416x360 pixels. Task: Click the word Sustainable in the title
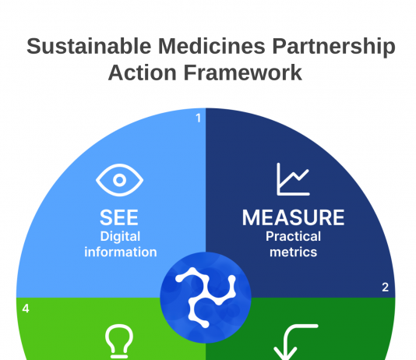pyautogui.click(x=89, y=46)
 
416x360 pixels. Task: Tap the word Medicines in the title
pyautogui.click(x=212, y=46)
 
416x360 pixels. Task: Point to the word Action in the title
pyautogui.click(x=143, y=72)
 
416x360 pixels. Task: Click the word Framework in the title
pyautogui.click(x=243, y=72)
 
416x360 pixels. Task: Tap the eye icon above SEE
pyautogui.click(x=120, y=180)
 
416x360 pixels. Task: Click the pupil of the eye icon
pyautogui.click(x=120, y=180)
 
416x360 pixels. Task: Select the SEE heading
pyautogui.click(x=119, y=217)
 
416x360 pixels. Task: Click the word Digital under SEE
pyautogui.click(x=120, y=237)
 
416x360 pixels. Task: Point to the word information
pyautogui.click(x=121, y=252)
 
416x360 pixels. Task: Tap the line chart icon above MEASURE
pyautogui.click(x=293, y=179)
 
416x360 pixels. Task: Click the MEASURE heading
pyautogui.click(x=293, y=217)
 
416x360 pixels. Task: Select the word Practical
pyautogui.click(x=293, y=236)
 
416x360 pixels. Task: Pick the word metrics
pyautogui.click(x=293, y=252)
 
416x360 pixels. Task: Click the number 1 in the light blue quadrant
pyautogui.click(x=199, y=118)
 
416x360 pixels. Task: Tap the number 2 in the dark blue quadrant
pyautogui.click(x=385, y=288)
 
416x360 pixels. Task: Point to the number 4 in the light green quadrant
pyautogui.click(x=26, y=309)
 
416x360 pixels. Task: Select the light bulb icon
pyautogui.click(x=119, y=341)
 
